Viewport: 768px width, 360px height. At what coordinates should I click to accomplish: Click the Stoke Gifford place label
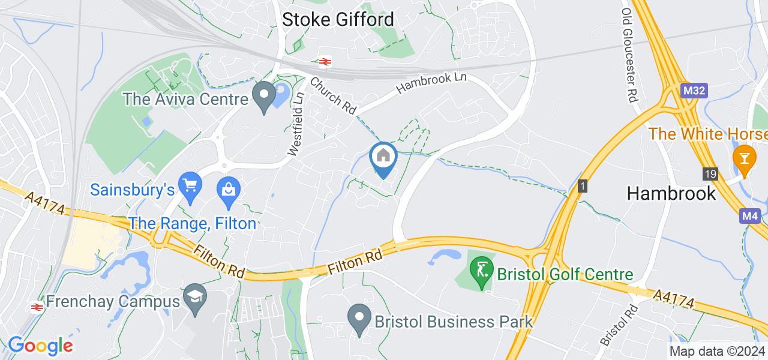338,19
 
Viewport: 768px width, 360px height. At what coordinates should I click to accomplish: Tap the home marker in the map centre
383,157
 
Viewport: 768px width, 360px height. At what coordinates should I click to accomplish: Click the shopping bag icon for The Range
229,190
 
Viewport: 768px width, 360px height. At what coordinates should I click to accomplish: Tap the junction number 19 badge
710,174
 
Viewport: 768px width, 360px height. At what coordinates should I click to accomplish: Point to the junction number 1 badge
581,186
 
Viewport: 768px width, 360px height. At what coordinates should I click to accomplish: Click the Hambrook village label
671,193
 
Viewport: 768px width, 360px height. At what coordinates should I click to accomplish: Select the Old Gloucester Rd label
628,56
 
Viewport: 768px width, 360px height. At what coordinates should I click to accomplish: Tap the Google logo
40,346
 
